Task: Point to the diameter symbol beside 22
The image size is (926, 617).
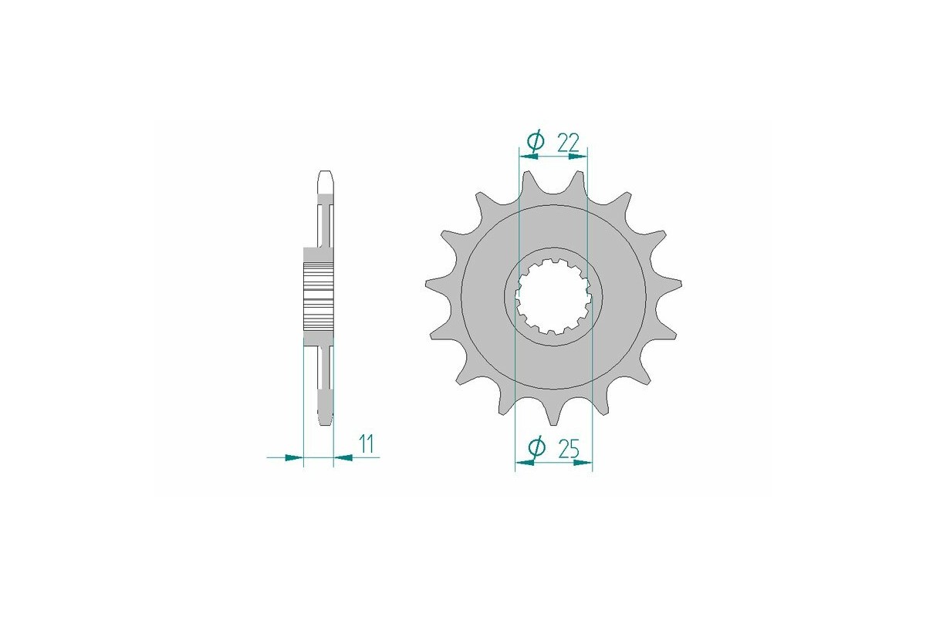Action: (536, 141)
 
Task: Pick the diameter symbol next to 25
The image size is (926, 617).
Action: (537, 447)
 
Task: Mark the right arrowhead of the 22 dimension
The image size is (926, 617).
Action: (577, 156)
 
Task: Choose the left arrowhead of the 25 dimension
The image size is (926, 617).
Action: (525, 464)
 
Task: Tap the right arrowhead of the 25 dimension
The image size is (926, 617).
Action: (583, 464)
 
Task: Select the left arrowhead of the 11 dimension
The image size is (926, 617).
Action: (294, 457)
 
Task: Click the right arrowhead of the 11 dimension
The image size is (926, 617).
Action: (343, 457)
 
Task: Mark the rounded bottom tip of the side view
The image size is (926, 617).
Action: (326, 420)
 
